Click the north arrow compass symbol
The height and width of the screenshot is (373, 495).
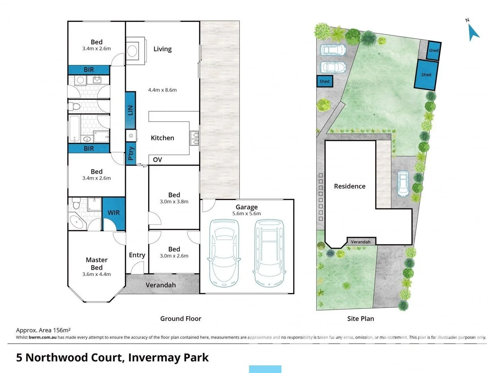click(473, 32)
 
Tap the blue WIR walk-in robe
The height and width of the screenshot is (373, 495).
click(114, 213)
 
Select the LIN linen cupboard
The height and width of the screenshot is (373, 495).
click(130, 111)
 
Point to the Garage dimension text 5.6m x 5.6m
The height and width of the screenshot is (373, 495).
click(246, 214)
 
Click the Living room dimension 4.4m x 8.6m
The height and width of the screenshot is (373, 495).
click(162, 90)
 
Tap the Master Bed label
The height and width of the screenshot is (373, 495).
click(97, 264)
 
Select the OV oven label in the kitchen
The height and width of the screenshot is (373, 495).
click(157, 160)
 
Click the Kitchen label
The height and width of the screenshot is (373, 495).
click(162, 138)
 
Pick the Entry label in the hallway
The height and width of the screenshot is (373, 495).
click(137, 255)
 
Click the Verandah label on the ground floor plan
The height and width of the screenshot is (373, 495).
click(161, 285)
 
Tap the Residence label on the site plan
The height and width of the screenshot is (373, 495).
click(349, 186)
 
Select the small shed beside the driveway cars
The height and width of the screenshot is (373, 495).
click(324, 82)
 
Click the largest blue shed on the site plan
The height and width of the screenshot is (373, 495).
click(426, 75)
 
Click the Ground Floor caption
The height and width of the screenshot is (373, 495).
click(181, 318)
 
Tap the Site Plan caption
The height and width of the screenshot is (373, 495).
click(360, 318)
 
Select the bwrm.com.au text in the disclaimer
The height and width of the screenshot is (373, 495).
click(42, 337)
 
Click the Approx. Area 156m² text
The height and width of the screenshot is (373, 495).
click(43, 330)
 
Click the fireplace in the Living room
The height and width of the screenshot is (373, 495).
click(132, 51)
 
